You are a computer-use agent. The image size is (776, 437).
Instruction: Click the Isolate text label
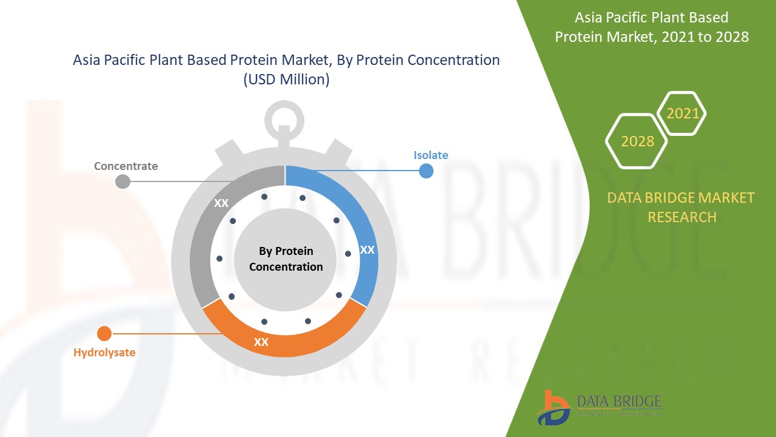(431, 155)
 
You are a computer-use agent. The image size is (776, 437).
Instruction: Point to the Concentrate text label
(125, 166)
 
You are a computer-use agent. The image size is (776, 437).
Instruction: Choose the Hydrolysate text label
(104, 352)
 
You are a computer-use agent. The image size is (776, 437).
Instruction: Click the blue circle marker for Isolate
(426, 171)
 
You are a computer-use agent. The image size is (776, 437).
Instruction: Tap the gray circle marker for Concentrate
(122, 181)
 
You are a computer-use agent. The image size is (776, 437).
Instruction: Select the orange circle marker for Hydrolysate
(104, 333)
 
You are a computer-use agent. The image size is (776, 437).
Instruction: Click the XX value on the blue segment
(367, 249)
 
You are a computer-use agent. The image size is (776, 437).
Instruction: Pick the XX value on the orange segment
(261, 342)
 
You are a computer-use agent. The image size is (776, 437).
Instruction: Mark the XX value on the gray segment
(221, 203)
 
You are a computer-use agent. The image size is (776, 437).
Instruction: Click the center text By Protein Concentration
(286, 259)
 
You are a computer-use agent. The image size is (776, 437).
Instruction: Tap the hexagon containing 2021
(682, 113)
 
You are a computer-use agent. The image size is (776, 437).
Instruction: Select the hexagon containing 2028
(637, 141)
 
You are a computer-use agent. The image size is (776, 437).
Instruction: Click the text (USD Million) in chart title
(286, 80)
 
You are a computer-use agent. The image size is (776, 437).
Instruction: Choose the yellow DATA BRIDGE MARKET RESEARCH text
(681, 207)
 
